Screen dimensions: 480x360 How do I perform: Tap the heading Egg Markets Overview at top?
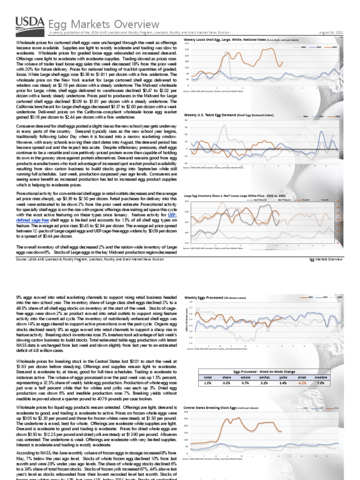tap(104, 24)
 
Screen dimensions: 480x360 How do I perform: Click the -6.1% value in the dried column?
tap(288, 369)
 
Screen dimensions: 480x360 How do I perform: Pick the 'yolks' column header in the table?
tap(270, 363)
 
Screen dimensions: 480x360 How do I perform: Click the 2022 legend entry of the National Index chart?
tap(334, 47)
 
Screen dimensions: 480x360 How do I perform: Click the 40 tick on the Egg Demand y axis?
tap(186, 120)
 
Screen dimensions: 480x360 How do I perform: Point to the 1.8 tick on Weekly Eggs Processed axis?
tap(190, 302)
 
